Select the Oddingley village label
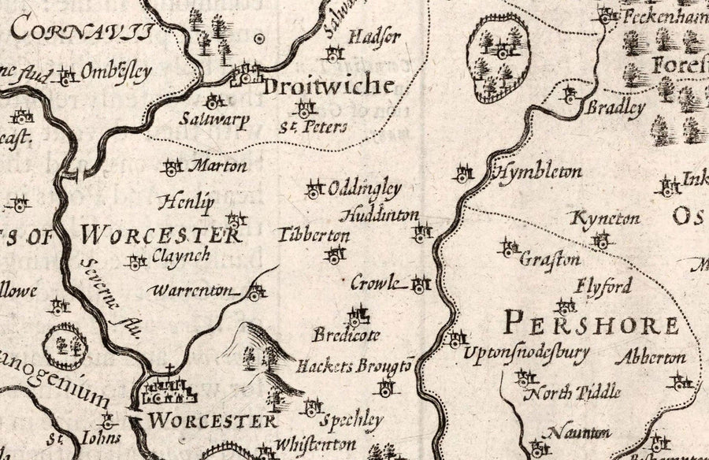[365, 189]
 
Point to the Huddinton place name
[380, 214]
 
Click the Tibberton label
[314, 236]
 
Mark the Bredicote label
[346, 335]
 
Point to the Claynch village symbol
[137, 262]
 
